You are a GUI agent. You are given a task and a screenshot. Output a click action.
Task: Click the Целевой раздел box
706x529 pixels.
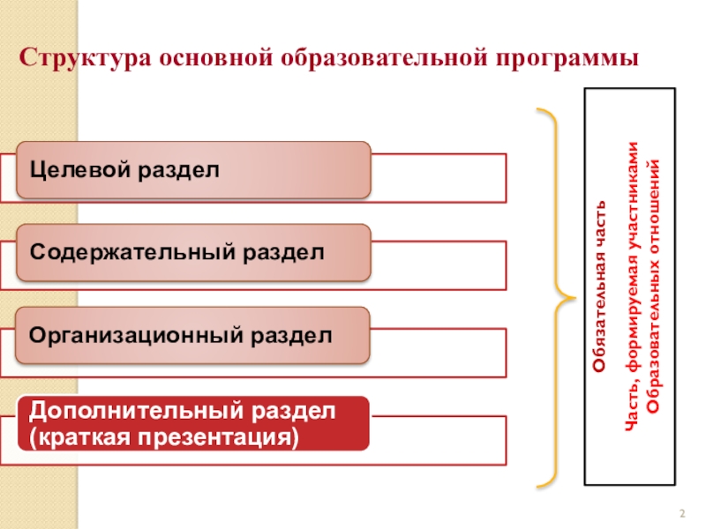pos(192,169)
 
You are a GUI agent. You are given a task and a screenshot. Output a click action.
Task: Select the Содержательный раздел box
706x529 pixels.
pos(192,252)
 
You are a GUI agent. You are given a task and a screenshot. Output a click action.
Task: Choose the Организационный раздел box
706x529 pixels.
pos(192,335)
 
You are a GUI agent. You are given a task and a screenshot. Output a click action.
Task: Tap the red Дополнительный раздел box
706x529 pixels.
pos(192,422)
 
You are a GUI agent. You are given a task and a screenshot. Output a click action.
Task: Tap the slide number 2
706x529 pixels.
pos(681,514)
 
